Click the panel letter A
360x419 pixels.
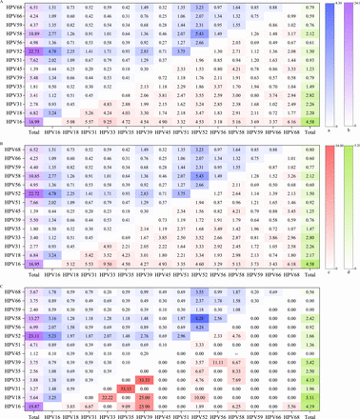[4, 4]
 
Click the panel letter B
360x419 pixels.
[4, 144]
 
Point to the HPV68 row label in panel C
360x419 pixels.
[13, 292]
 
